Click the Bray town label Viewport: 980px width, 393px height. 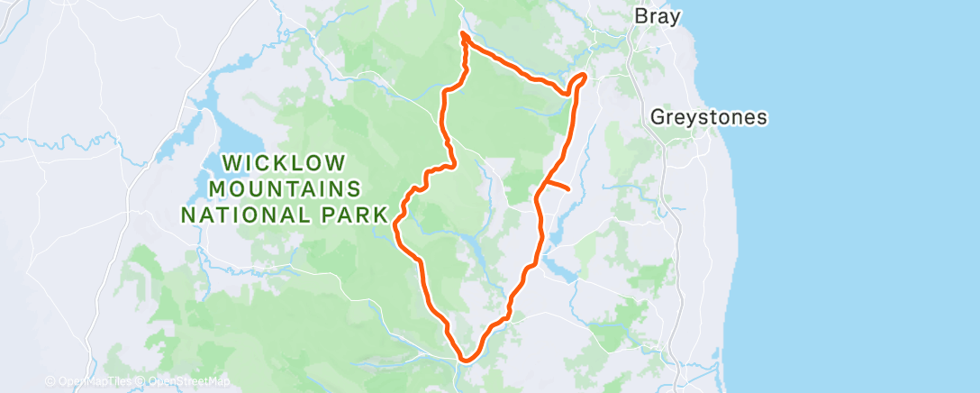pyautogui.click(x=658, y=16)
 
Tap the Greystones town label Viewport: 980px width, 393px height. pyautogui.click(x=708, y=117)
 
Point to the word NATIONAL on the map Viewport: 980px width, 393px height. pyautogui.click(x=238, y=215)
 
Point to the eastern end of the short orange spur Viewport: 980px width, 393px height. pyautogui.click(x=569, y=189)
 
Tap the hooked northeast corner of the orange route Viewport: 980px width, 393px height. pyautogui.click(x=584, y=76)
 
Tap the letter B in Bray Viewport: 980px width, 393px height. pyautogui.click(x=640, y=16)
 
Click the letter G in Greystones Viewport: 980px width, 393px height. pyautogui.click(x=658, y=117)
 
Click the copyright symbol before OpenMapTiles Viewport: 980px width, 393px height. pyautogui.click(x=51, y=382)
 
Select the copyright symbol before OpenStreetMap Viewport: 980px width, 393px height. pyautogui.click(x=142, y=382)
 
